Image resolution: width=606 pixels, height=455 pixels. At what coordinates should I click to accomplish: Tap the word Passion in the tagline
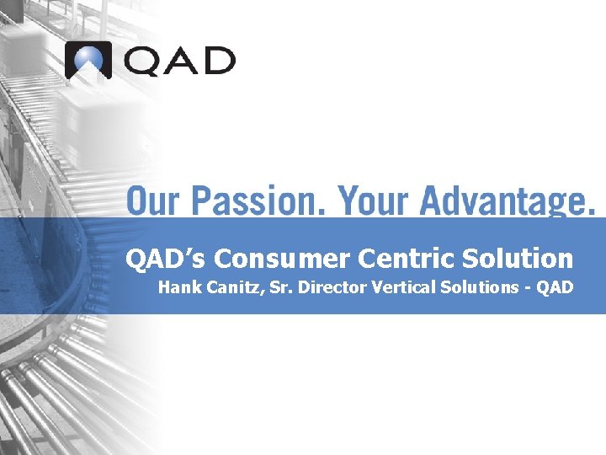258,201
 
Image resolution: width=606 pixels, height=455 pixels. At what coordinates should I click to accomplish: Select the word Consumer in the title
276,258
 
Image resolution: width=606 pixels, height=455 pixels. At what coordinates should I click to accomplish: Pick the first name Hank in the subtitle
176,287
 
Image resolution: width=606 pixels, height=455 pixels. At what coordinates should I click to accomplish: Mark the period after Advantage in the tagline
591,211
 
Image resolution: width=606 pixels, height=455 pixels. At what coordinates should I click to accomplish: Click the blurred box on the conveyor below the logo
97,114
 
